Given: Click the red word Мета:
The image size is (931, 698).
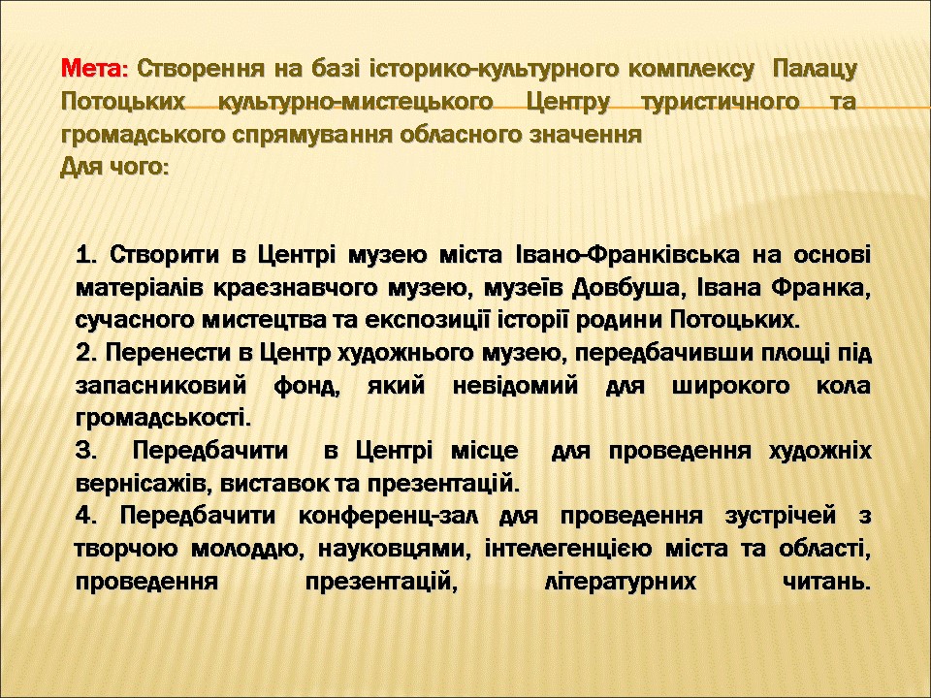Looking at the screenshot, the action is [x=94, y=69].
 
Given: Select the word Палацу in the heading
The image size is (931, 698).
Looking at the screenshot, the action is [x=816, y=71].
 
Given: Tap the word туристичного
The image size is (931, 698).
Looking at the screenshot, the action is [x=721, y=103].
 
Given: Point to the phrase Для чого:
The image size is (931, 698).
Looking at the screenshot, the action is [x=114, y=168].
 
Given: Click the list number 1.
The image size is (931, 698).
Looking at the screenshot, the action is [x=86, y=255].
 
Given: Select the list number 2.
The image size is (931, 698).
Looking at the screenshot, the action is [x=86, y=353].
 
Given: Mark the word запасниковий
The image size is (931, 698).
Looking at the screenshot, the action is [x=161, y=387].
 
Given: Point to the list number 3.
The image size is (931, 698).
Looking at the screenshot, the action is [x=86, y=451].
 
